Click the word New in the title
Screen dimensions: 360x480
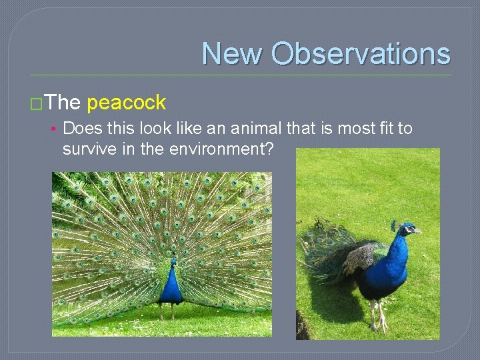coord(233,53)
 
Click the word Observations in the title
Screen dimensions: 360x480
coord(360,53)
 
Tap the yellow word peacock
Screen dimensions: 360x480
coord(126,103)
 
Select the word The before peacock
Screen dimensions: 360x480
coord(64,103)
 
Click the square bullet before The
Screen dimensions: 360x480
coord(37,103)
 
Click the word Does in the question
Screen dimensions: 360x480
coord(82,127)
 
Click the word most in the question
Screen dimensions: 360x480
coord(337,127)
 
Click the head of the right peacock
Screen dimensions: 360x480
coord(407,229)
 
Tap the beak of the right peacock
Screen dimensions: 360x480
coord(419,232)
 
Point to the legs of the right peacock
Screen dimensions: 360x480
coord(377,315)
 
